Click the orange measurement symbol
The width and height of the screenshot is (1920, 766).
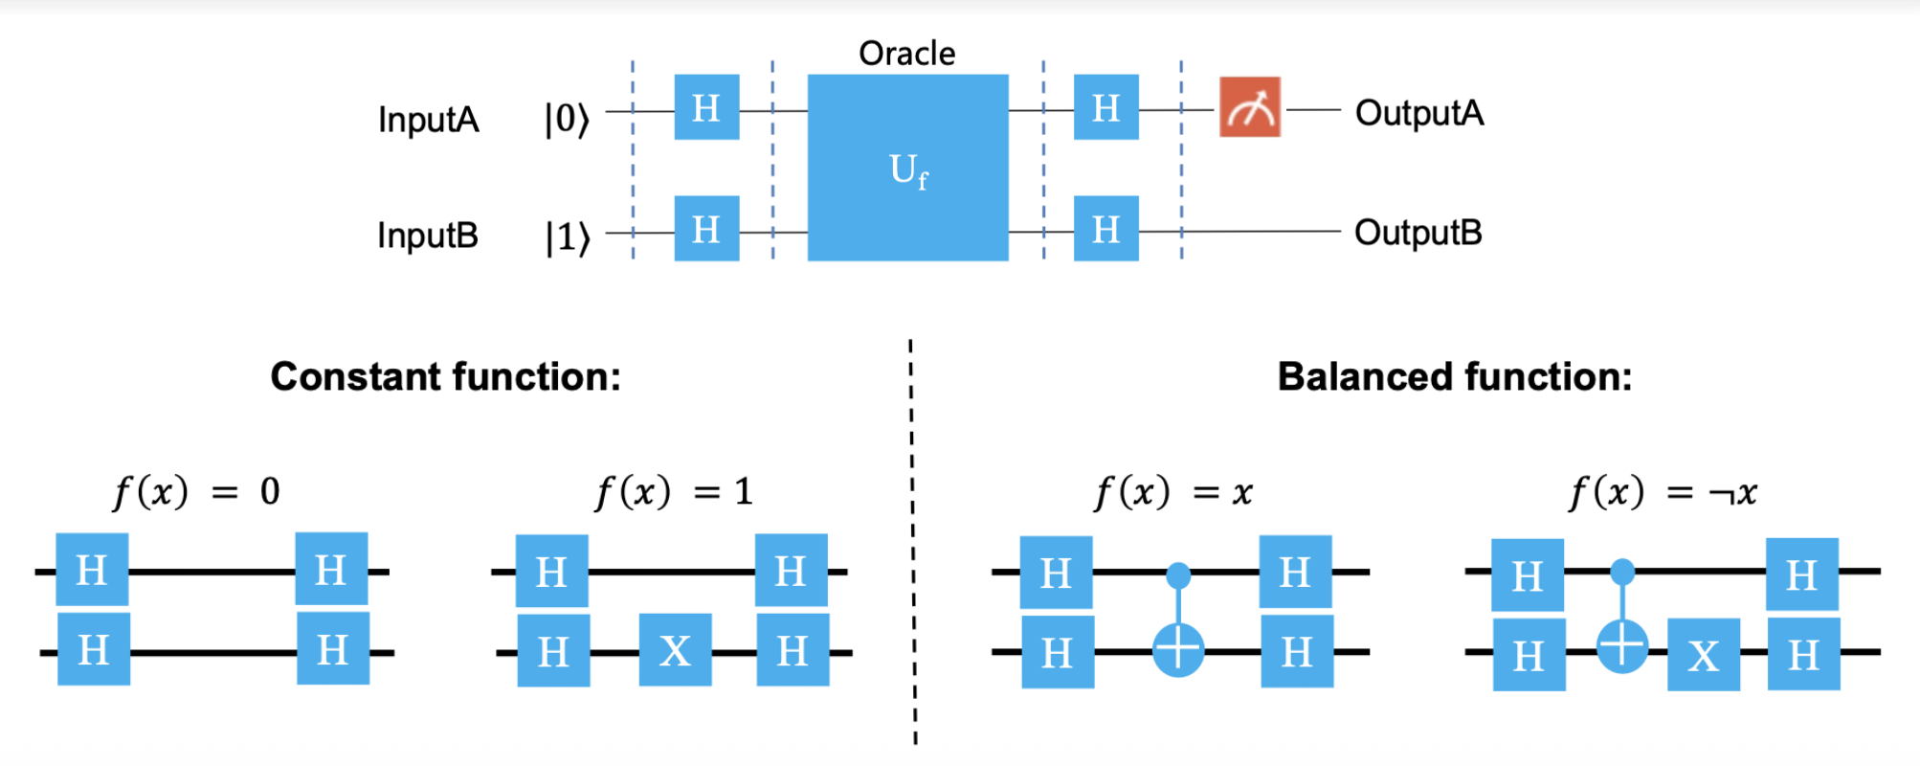(1249, 108)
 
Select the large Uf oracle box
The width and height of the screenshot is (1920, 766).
(907, 168)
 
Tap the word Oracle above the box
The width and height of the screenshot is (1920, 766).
(906, 54)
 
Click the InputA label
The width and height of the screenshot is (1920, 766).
(428, 120)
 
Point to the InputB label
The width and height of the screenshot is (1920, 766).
(427, 235)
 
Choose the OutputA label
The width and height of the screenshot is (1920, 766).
(1419, 113)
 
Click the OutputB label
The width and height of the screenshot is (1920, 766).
(1418, 232)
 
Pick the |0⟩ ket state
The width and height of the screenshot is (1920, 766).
(567, 120)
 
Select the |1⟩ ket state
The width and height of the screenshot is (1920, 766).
(567, 237)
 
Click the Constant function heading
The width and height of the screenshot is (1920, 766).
(445, 376)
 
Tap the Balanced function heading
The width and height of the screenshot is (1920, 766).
(1454, 376)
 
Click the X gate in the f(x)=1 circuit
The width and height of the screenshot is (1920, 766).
(675, 650)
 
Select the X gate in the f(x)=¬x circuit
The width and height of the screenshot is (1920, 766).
(1703, 656)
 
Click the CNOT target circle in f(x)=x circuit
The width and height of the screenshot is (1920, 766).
(1178, 650)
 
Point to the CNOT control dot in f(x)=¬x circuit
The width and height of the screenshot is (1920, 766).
(1621, 573)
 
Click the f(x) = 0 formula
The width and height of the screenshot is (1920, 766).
(196, 492)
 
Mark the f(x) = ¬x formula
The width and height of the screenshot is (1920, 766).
(1663, 493)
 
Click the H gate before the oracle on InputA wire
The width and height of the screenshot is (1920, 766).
(706, 107)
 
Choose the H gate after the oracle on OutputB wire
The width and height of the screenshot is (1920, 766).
(1105, 229)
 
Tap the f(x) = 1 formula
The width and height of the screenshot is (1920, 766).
(674, 492)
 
